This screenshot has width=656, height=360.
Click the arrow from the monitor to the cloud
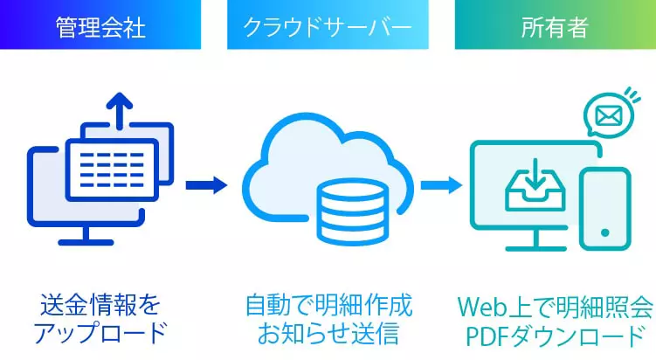[206, 185]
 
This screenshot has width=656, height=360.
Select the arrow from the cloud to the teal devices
[441, 185]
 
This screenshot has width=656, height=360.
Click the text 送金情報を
[100, 306]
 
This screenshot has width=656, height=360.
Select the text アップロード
[100, 332]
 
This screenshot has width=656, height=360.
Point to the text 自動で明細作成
[328, 306]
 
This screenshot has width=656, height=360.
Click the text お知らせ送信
[328, 332]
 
